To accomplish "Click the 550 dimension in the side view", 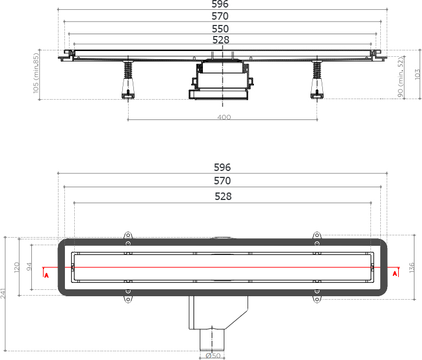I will pos(220,28).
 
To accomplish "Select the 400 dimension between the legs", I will pos(224,117).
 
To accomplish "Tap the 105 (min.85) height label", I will pos(36,74).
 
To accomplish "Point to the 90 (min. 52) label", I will pos(401,77).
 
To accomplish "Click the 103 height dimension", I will pos(417,75).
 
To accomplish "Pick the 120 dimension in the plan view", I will pos(17,267).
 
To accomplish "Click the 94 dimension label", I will pos(30,267).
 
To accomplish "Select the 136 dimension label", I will pos(412,267).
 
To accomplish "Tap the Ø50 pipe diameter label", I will pos(212,355).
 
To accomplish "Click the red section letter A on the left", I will pos(46,275).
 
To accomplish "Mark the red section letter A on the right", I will pos(395,274).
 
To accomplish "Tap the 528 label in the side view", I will pos(221,40).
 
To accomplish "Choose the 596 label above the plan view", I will pos(223,168).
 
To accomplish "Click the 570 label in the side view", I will pos(220,16).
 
